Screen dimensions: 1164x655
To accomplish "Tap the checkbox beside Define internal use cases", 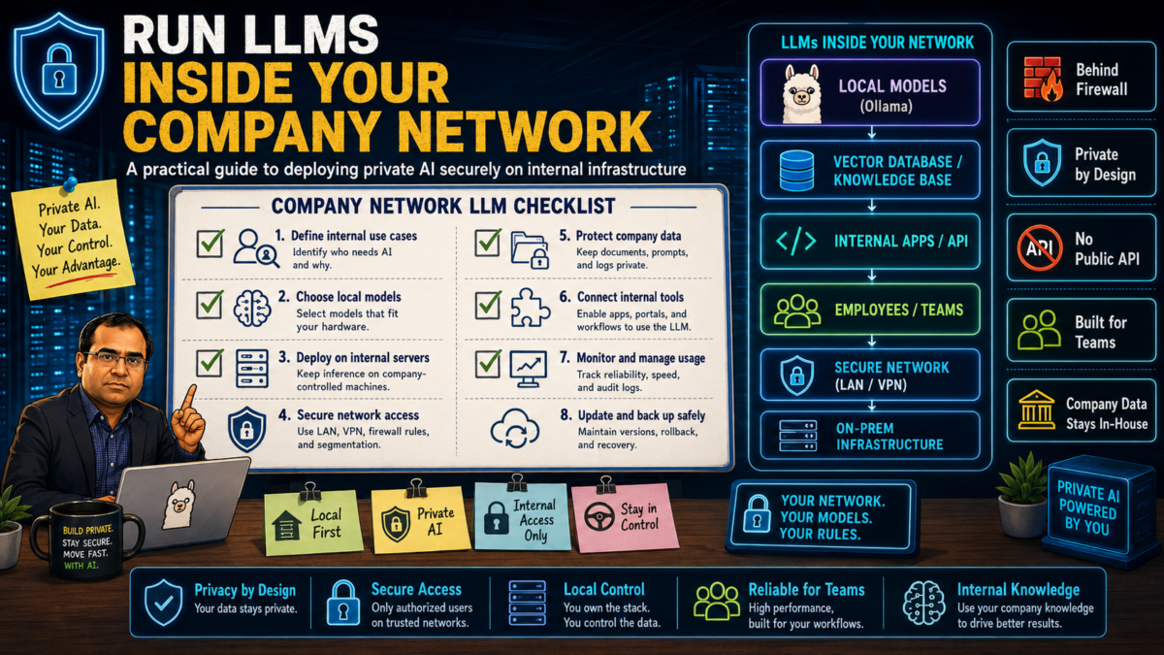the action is pos(210,244).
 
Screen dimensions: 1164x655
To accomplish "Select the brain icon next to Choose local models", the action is pos(252,308).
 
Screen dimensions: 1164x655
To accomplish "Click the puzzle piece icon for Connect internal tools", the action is pos(530,308).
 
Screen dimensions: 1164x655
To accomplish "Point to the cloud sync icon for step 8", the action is pos(514,428).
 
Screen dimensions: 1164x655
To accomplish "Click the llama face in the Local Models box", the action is pos(802,94).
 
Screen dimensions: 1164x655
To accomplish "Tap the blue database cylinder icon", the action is pos(796,170).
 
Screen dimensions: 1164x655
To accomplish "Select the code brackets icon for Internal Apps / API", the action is pos(795,242).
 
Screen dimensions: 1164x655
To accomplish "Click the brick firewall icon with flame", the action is pos(1043,79).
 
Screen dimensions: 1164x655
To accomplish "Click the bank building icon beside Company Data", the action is pos(1037,409).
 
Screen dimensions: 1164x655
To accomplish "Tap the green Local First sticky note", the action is pos(312,522).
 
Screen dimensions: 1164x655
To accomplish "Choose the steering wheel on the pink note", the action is pos(599,516).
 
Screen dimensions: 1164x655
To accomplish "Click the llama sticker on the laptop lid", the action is pos(179,504).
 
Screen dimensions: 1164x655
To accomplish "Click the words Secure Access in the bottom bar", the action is pos(416,589).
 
